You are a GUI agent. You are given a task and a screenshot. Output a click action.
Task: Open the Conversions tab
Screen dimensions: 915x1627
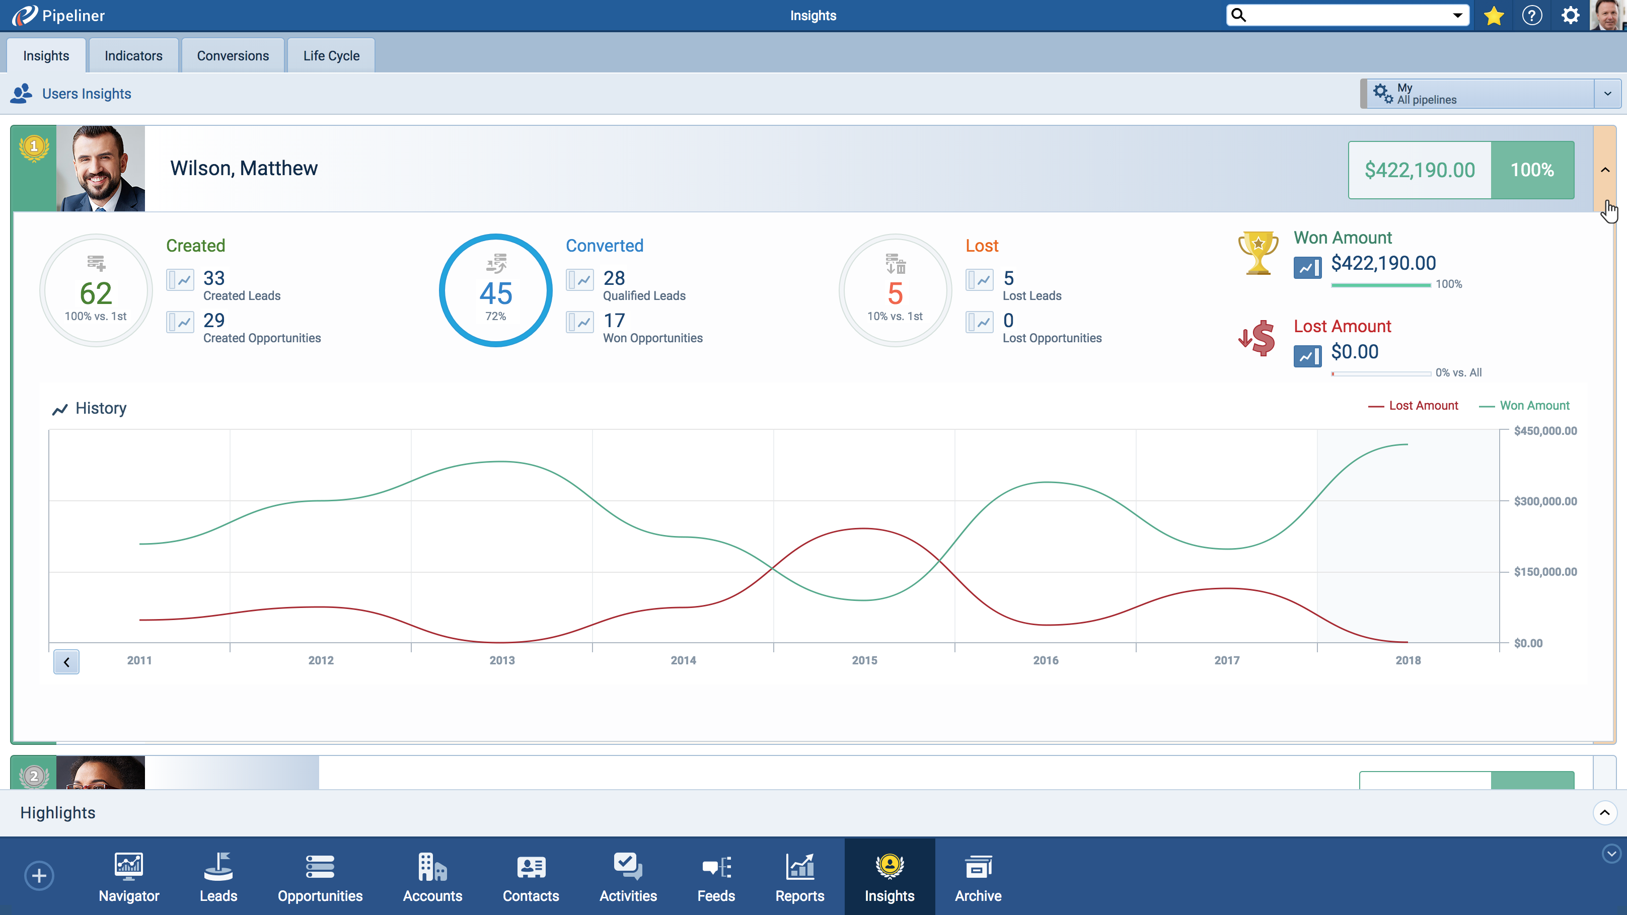click(233, 55)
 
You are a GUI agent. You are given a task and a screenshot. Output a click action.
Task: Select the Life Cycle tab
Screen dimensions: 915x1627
click(331, 55)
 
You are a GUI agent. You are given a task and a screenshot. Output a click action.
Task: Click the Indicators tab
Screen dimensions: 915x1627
click(133, 55)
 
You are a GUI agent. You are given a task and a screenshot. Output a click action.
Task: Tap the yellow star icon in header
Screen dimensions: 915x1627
click(1494, 16)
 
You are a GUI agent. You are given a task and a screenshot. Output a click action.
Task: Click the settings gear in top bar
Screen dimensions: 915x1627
click(1570, 16)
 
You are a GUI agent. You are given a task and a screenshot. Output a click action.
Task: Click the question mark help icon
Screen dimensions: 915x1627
click(1532, 16)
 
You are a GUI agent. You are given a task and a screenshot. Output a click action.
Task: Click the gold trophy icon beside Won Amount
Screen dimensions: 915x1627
click(1258, 253)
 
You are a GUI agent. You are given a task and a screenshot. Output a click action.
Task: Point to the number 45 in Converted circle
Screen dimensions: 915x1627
click(496, 293)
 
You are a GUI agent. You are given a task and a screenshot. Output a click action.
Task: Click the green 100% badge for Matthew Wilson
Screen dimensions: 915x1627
click(1532, 170)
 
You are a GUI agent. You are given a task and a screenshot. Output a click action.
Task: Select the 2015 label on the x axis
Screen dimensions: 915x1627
click(864, 660)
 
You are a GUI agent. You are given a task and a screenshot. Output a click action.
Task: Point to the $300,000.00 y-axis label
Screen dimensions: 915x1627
click(1545, 501)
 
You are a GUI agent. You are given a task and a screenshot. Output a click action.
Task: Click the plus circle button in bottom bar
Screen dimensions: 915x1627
click(39, 876)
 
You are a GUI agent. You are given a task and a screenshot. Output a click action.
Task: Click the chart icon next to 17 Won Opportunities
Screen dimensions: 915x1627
click(579, 322)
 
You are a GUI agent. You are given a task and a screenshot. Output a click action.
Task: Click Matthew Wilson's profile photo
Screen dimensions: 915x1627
click(100, 169)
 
